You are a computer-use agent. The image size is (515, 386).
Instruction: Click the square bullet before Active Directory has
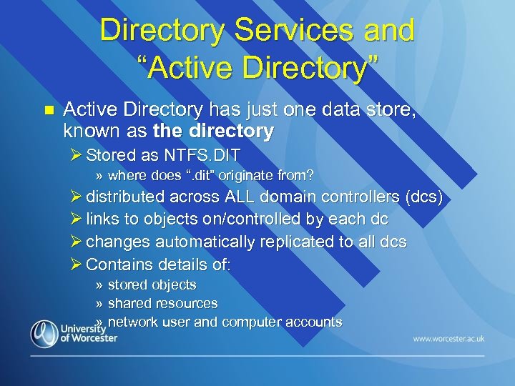click(x=49, y=110)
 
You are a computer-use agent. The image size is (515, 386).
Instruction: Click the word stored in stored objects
click(x=127, y=285)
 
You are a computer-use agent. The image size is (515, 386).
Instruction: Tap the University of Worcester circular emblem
click(x=45, y=334)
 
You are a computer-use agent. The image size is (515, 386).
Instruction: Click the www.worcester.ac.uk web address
click(x=448, y=338)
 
